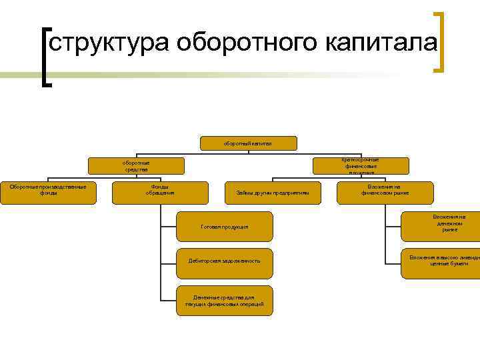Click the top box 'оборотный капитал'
coord(247,143)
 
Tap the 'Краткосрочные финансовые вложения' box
coord(360,166)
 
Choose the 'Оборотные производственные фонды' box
coord(48,193)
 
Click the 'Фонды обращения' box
coord(160,193)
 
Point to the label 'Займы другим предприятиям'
coord(273,193)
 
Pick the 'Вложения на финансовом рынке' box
coord(385,193)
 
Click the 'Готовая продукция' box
coord(225,227)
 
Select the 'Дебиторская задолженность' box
coord(225,261)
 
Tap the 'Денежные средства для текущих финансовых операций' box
coord(225,300)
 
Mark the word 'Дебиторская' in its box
coord(207,261)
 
